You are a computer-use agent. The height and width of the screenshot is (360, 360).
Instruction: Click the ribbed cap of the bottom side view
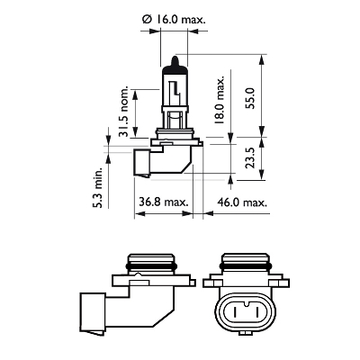click(149, 262)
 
